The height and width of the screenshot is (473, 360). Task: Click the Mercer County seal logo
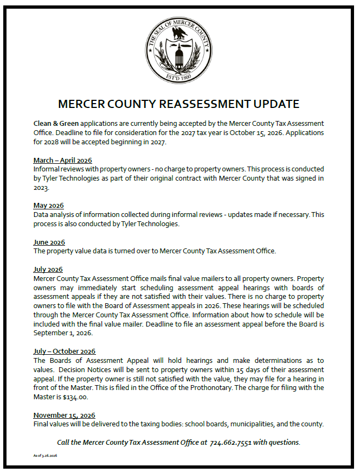coord(179,49)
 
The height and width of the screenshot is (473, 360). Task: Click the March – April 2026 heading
coord(62,161)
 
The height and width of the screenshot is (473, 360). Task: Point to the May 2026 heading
coord(48,206)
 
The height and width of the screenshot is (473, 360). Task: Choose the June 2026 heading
coord(49,242)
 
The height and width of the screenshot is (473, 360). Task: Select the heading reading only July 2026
coord(48,270)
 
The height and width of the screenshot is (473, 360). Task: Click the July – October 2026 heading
coord(65,351)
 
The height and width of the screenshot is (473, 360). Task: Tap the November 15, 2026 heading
coord(64,416)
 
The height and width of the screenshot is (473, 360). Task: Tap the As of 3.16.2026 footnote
coord(45,456)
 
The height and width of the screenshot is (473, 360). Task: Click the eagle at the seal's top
coord(179,34)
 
